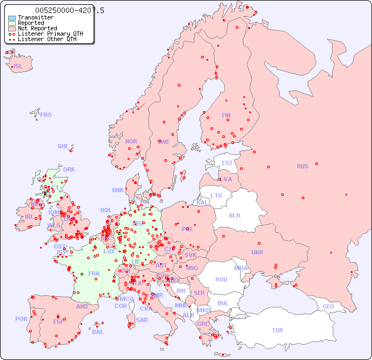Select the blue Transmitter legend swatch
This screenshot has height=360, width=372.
pyautogui.click(x=12, y=18)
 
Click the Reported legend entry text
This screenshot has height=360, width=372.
pyautogui.click(x=31, y=23)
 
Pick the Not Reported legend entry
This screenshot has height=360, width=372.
pyautogui.click(x=37, y=29)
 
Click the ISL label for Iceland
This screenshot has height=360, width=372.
pyautogui.click(x=18, y=67)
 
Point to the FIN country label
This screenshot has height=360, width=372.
pyautogui.click(x=226, y=115)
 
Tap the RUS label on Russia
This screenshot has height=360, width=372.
pyautogui.click(x=302, y=166)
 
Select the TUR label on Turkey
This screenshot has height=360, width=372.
pyautogui.click(x=277, y=330)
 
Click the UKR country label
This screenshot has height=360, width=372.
pyautogui.click(x=257, y=252)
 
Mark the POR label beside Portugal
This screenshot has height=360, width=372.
pyautogui.click(x=21, y=319)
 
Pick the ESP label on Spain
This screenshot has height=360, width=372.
pyautogui.click(x=58, y=322)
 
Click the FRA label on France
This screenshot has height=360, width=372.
pyautogui.click(x=94, y=273)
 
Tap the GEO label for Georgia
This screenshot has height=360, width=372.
pyautogui.click(x=328, y=306)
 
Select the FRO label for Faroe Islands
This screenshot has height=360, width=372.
pyautogui.click(x=45, y=115)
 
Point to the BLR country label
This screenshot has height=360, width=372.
pyautogui.click(x=234, y=215)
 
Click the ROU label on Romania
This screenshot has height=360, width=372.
pyautogui.click(x=221, y=279)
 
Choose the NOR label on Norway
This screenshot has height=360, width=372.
pyautogui.click(x=131, y=141)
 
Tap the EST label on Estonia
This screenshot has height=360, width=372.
pyautogui.click(x=227, y=163)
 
